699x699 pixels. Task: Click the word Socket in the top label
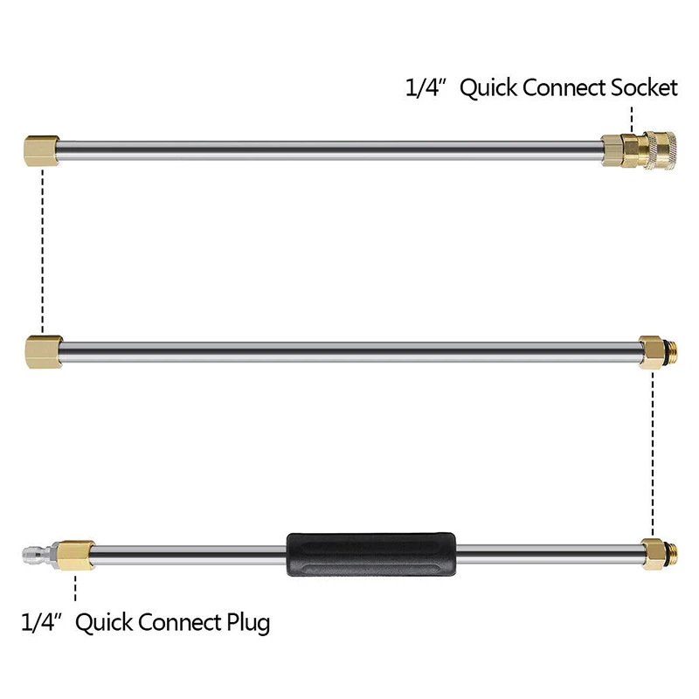coord(644,87)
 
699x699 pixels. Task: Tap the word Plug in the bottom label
coord(248,623)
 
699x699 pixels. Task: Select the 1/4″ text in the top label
coord(426,87)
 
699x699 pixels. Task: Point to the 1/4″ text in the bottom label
coord(41,622)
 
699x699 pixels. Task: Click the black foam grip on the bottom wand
coord(370,554)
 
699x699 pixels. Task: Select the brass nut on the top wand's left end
coord(41,150)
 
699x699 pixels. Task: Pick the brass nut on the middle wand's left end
coord(44,352)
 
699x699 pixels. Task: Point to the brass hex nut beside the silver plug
coord(76,556)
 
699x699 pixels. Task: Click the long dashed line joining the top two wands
coord(42,251)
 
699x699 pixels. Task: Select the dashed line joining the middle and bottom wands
coord(653,453)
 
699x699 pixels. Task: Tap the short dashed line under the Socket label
coord(632,120)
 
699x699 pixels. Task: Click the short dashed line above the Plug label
coord(75,588)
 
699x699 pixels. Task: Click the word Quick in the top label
coord(488,88)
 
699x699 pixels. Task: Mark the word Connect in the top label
coord(564,87)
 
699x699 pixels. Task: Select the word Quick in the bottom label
coord(104,623)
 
